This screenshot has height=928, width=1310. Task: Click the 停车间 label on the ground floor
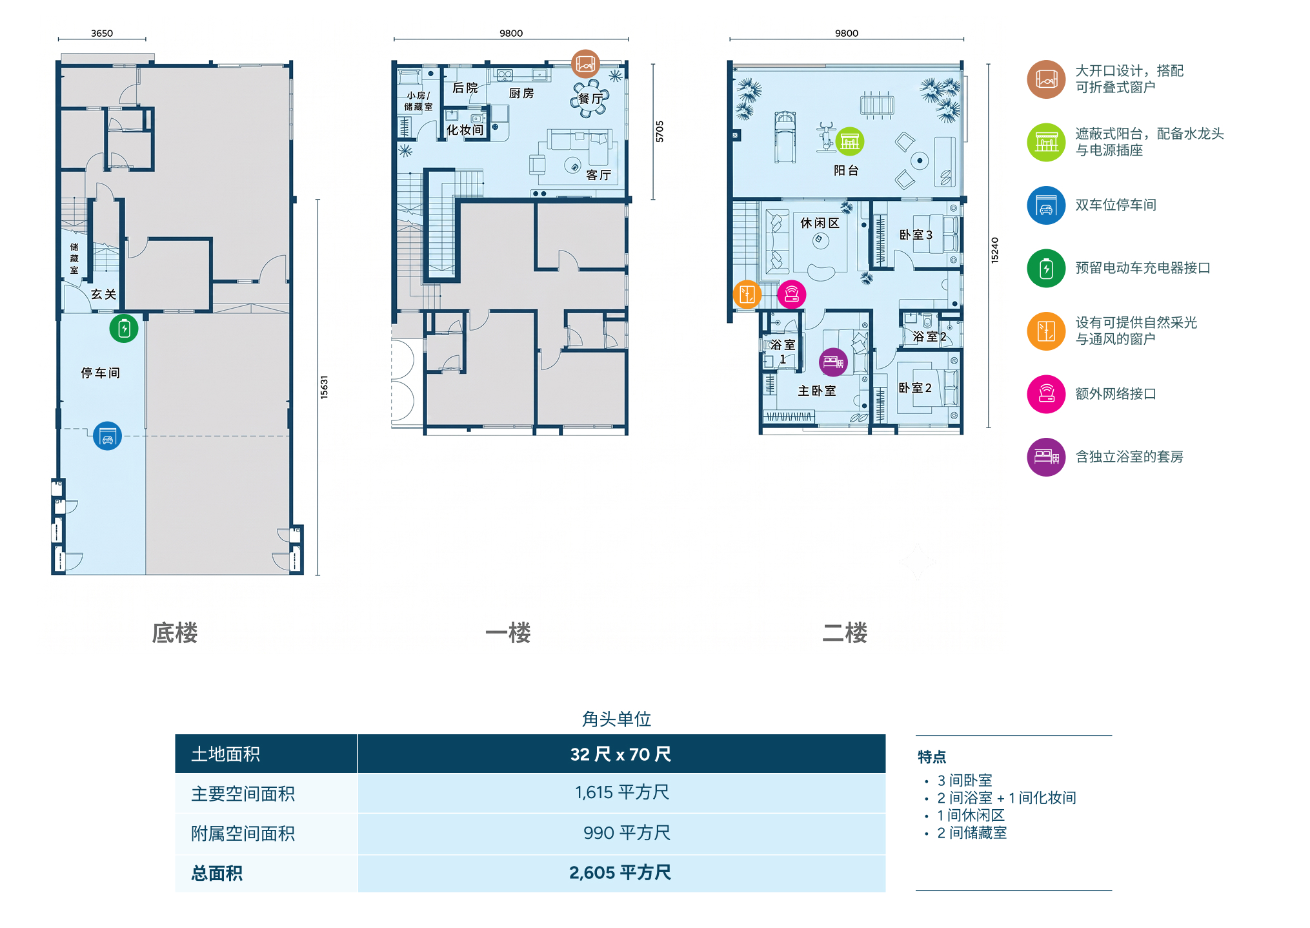tap(100, 373)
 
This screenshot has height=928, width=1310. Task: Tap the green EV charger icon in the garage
tap(124, 329)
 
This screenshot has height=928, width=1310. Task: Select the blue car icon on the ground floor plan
tap(107, 436)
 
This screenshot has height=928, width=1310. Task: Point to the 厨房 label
tap(521, 93)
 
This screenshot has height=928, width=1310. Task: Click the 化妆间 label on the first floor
tap(465, 130)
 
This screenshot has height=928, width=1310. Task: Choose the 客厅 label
tap(598, 175)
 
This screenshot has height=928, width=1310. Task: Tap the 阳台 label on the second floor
tap(846, 170)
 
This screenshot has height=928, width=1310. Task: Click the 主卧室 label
tap(817, 391)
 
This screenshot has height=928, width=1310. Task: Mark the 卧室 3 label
tap(916, 235)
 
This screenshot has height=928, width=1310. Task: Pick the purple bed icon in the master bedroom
tap(833, 362)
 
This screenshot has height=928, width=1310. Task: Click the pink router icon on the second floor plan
tap(792, 294)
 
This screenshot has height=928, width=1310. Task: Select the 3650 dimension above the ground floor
tap(102, 33)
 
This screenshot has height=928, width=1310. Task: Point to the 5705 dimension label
tap(660, 132)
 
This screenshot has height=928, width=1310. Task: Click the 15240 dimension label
tap(994, 250)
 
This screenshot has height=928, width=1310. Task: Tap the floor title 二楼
tap(845, 633)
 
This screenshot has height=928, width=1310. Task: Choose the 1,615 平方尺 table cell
tap(622, 792)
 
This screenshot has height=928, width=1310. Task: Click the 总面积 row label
tap(217, 873)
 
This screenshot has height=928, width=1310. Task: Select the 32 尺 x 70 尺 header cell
tap(621, 754)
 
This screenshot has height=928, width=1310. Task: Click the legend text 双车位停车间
tap(1116, 205)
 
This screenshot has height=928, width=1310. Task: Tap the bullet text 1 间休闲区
tap(971, 815)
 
